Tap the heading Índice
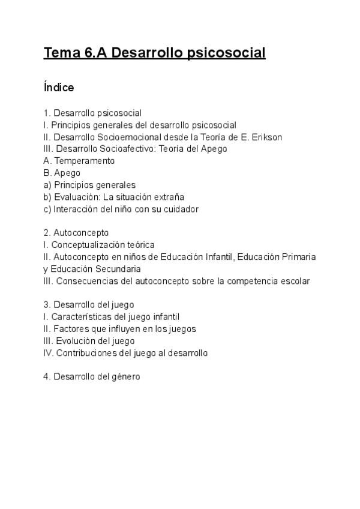tap(59, 88)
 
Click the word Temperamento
tap(85, 161)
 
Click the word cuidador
tap(181, 209)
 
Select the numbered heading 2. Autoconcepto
tap(76, 233)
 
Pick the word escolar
tap(295, 281)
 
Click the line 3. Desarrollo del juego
tap(88, 305)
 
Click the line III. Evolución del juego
tap(89, 341)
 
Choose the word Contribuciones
tap(86, 353)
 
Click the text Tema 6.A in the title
tap(76, 53)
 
